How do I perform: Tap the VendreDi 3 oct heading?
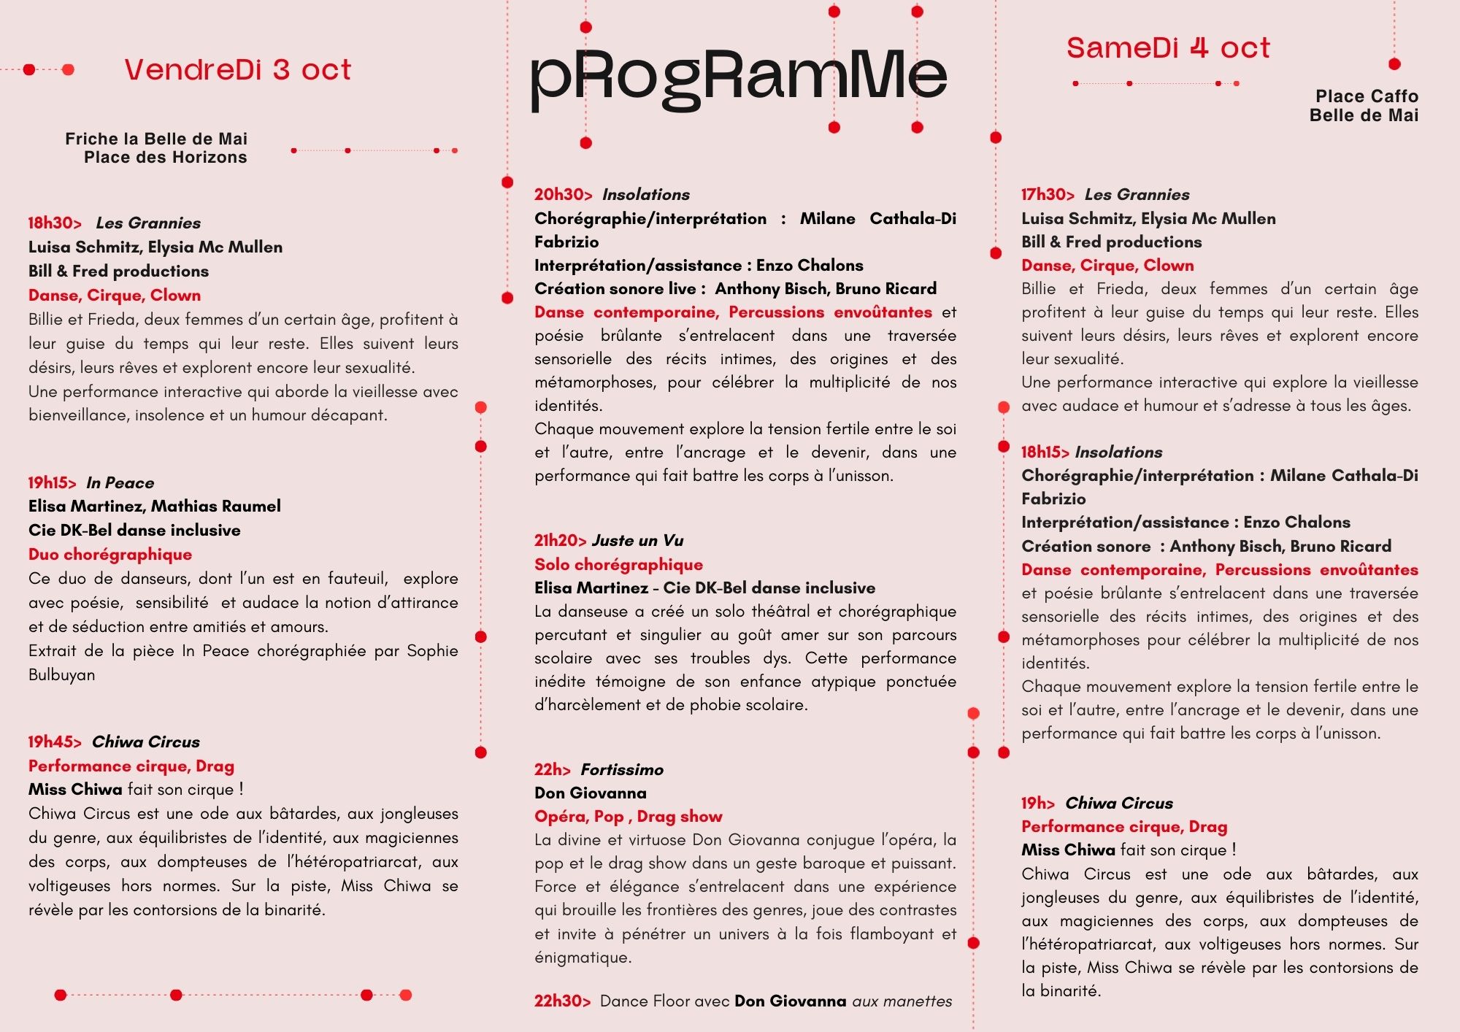pos(237,70)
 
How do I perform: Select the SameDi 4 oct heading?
pos(1168,48)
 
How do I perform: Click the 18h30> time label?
pos(55,223)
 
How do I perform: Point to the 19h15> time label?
pos(52,483)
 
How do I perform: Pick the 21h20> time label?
pos(560,541)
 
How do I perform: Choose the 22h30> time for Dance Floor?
pos(562,1001)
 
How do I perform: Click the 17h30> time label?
pos(1048,195)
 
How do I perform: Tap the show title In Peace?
pos(120,483)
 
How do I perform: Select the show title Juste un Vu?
pos(637,541)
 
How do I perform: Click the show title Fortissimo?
pos(622,770)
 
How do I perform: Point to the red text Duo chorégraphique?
pos(110,555)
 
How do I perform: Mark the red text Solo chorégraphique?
pos(618,565)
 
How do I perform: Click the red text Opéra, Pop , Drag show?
pos(628,817)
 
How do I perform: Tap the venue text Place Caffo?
pos(1367,96)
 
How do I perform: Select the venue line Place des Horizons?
pos(165,158)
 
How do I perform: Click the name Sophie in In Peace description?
pos(432,651)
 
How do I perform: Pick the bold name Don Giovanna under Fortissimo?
pos(590,793)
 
